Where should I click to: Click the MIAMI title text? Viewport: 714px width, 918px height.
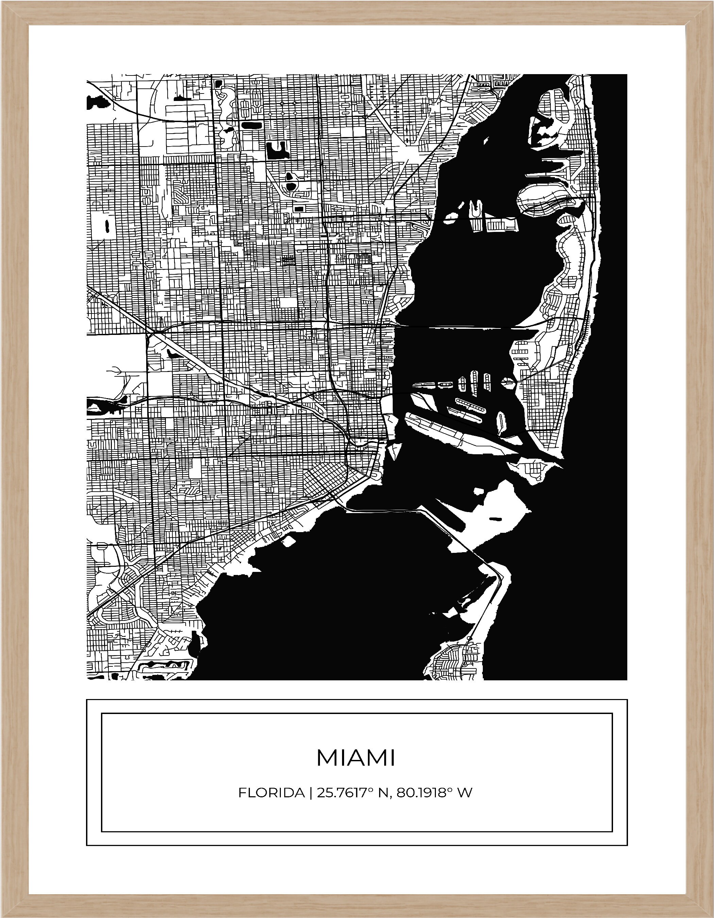pyautogui.click(x=356, y=758)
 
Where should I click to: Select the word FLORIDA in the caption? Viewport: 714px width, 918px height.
pyautogui.click(x=271, y=793)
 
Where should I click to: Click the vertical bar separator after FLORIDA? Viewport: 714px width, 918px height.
pyautogui.click(x=310, y=793)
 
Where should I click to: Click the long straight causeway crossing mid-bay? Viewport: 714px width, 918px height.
pyautogui.click(x=458, y=327)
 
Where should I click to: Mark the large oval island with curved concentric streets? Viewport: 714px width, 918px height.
pyautogui.click(x=546, y=201)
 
